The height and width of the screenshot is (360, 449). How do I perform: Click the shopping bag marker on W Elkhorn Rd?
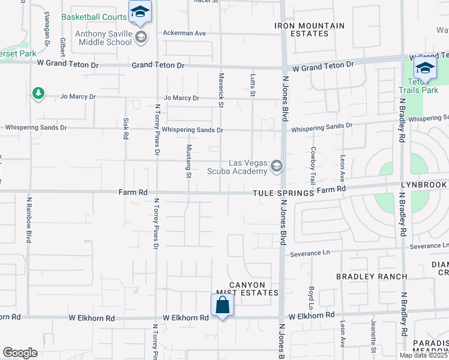point(222,305)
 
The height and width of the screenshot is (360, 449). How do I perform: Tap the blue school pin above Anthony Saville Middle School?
point(140,11)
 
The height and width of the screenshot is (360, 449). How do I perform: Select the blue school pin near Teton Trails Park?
point(425,68)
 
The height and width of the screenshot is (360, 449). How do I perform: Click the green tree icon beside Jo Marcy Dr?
point(38,93)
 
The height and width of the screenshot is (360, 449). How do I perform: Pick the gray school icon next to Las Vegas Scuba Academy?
point(277,166)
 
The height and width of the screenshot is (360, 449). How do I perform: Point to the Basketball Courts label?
point(94,17)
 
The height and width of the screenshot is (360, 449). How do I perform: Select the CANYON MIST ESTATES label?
point(247,288)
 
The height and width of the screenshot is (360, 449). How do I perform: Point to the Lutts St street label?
point(252,85)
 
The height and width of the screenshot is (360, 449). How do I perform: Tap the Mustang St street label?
point(188,160)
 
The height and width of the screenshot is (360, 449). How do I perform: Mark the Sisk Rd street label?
point(125,128)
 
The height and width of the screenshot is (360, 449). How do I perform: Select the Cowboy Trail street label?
point(313,165)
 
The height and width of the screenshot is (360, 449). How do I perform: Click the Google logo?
point(20,353)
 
